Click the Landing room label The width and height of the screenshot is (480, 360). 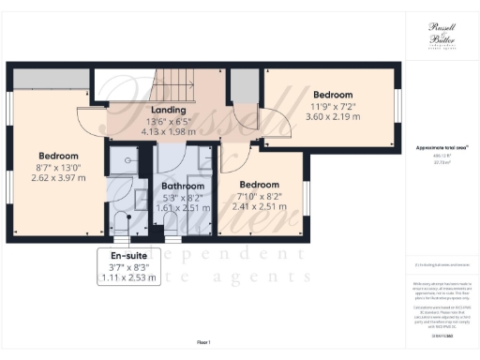point(169,111)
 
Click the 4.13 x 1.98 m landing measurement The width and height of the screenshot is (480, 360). point(169,132)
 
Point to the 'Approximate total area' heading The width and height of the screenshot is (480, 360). point(442,148)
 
